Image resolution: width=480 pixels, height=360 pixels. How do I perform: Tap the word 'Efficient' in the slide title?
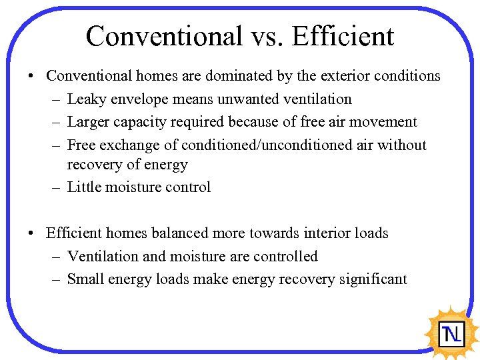point(346,36)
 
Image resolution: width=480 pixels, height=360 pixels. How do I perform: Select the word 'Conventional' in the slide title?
point(164,36)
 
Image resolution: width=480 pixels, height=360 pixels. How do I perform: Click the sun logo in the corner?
point(453,331)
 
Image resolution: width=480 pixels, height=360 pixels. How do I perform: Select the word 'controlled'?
point(285,257)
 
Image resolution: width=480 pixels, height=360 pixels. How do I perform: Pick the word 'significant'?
point(373,279)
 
